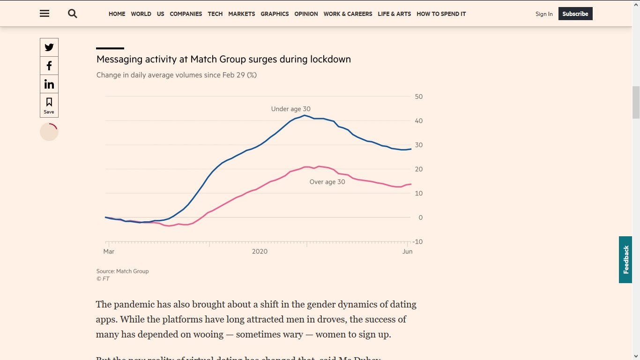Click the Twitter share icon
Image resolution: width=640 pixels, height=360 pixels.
[49, 47]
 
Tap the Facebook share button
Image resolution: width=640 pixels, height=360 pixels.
[49, 66]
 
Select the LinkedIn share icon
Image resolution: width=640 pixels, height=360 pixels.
[49, 84]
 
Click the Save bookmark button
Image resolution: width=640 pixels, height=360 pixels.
[49, 105]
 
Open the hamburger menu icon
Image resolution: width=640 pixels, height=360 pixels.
[45, 14]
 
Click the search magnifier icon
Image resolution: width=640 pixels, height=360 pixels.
[72, 14]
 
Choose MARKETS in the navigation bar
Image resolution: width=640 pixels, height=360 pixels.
[242, 14]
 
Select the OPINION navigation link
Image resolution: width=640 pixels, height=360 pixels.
[306, 14]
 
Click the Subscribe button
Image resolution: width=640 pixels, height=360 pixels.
[575, 14]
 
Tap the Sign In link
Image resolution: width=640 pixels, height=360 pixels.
[544, 14]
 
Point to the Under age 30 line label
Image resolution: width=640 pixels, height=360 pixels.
[290, 109]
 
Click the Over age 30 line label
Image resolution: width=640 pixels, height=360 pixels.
[327, 182]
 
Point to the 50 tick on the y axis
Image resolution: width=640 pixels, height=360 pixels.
[419, 97]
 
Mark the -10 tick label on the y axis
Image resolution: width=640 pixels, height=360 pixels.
[418, 242]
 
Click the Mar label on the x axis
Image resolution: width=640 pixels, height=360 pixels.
[109, 252]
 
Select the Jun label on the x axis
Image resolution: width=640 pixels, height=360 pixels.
[408, 252]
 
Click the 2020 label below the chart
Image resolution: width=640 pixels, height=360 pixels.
[260, 252]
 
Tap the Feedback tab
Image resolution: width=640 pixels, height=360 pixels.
[625, 260]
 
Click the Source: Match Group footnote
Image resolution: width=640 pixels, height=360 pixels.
[122, 271]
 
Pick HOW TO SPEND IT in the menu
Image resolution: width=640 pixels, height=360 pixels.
[441, 14]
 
